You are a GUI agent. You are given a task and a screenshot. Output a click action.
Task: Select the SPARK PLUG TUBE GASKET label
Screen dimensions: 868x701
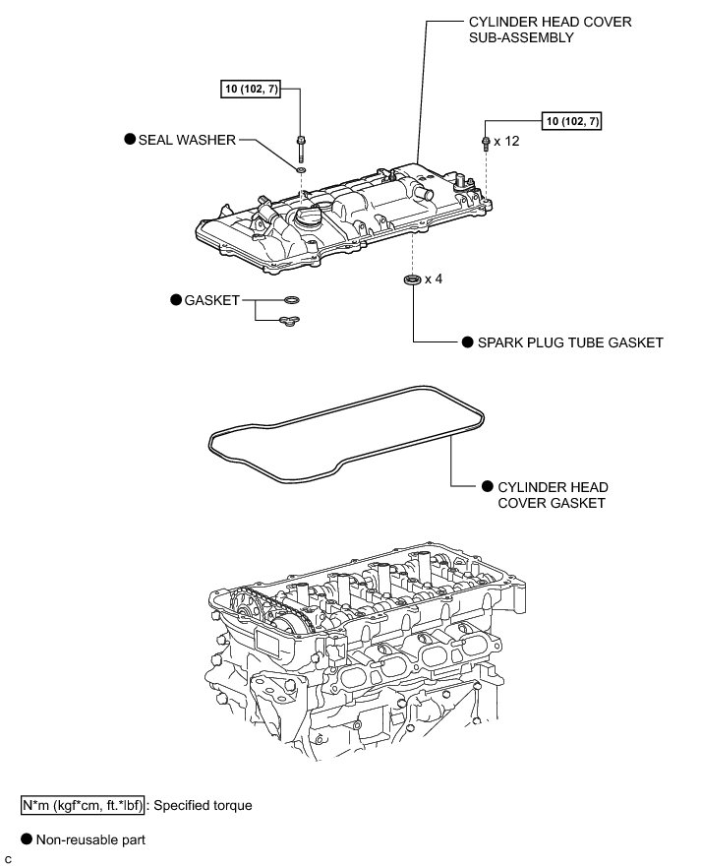pos(570,342)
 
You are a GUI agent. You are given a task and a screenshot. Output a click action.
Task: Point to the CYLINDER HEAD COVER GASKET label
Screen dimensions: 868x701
pos(553,495)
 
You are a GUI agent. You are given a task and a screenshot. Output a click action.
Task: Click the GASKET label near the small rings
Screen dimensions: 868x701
pos(212,300)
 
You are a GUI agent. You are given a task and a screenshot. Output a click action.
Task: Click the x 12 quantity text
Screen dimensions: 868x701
pos(506,142)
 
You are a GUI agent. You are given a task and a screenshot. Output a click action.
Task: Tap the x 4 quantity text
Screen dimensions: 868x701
pos(434,279)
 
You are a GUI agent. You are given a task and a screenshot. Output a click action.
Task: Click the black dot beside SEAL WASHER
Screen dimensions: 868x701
pos(129,140)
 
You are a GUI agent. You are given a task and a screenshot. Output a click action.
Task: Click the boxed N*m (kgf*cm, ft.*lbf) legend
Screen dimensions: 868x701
pos(85,805)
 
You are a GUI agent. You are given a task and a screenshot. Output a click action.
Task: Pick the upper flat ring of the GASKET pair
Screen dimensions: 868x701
pos(291,300)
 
